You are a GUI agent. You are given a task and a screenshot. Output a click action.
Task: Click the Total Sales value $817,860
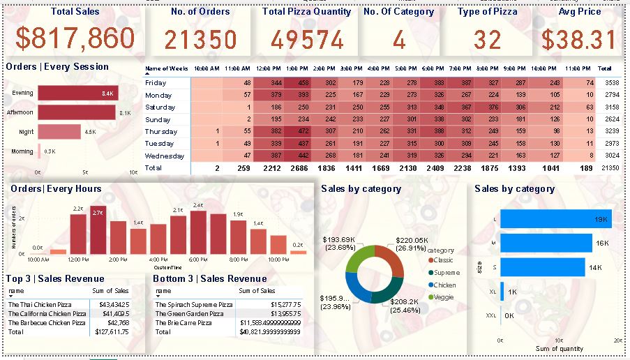pyautogui.click(x=75, y=40)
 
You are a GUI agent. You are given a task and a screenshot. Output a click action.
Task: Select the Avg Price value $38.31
pyautogui.click(x=579, y=40)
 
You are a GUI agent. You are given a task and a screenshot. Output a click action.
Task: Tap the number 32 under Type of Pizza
pyautogui.click(x=488, y=40)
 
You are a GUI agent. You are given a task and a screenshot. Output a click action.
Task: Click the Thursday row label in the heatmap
pyautogui.click(x=160, y=131)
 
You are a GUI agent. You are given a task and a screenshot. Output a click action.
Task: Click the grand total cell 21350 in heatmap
pyautogui.click(x=606, y=169)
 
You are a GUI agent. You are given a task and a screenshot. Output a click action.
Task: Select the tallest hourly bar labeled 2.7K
pyautogui.click(x=98, y=235)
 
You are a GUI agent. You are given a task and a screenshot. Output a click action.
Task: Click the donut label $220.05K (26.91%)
pyautogui.click(x=413, y=243)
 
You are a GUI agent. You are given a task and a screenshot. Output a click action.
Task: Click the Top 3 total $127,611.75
pyautogui.click(x=112, y=332)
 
